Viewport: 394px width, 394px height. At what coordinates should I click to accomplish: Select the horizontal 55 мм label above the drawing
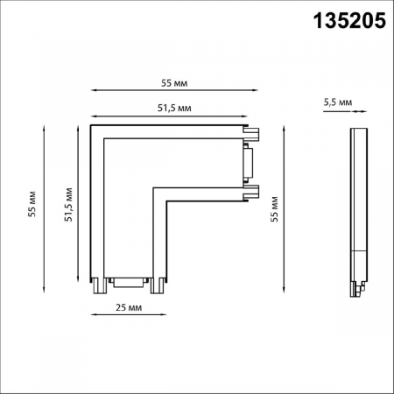click(x=175, y=83)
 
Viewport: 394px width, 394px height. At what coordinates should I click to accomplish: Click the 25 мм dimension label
click(x=129, y=307)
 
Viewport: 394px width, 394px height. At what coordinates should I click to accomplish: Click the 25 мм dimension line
click(x=129, y=297)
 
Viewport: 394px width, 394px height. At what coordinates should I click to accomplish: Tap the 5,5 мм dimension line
click(x=359, y=112)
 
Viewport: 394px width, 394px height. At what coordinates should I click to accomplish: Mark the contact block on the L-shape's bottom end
click(x=128, y=282)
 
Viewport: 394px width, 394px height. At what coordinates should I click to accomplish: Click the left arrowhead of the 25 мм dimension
click(x=94, y=297)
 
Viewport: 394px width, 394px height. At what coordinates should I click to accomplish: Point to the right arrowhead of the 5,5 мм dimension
click(x=364, y=112)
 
